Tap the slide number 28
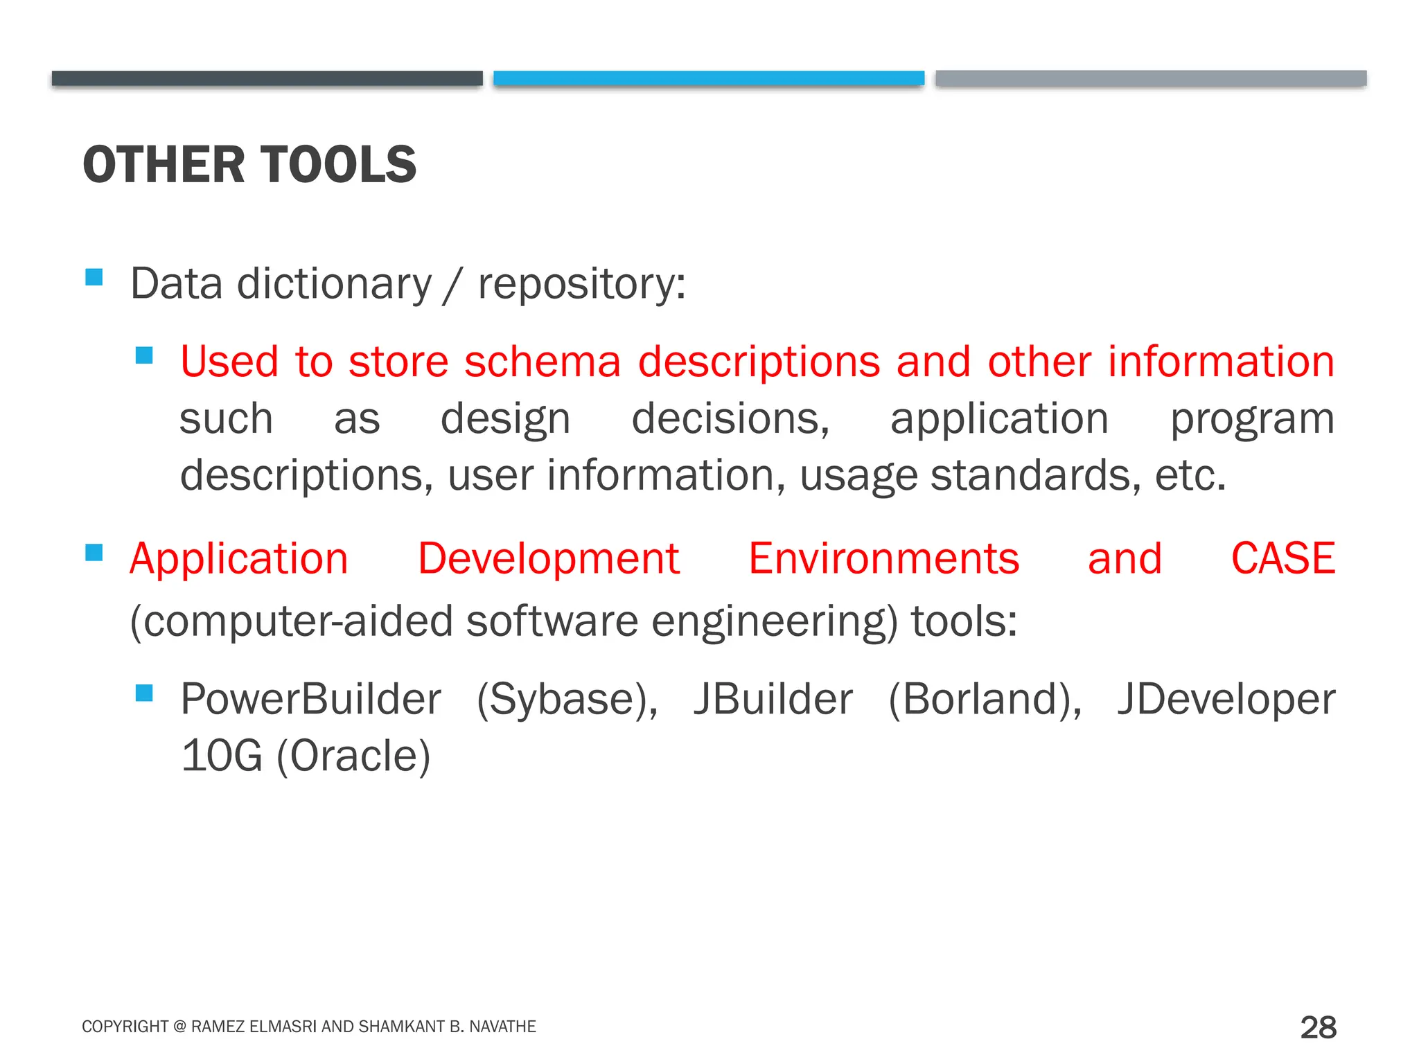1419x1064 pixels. click(x=1318, y=1027)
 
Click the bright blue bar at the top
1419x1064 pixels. click(x=708, y=78)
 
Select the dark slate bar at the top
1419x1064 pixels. click(x=267, y=78)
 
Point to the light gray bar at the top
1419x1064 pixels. click(x=1150, y=78)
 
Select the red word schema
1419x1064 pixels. click(x=542, y=362)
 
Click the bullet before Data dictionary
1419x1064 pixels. click(x=94, y=278)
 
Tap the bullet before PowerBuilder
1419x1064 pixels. click(x=144, y=693)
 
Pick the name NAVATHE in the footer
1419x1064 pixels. click(x=503, y=1027)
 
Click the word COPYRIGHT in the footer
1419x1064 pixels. click(x=125, y=1027)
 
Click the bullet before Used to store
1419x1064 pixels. click(x=144, y=355)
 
